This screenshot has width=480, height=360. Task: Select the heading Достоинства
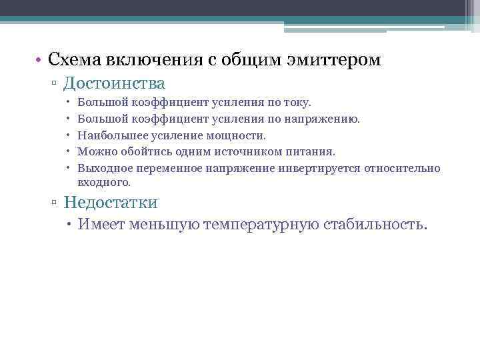pyautogui.click(x=115, y=84)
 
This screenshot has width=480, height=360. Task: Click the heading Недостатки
pyautogui.click(x=111, y=202)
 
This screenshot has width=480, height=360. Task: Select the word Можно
pyautogui.click(x=94, y=152)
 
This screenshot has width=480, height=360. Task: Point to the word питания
pyautogui.click(x=311, y=152)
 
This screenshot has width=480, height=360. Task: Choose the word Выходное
pyautogui.click(x=101, y=168)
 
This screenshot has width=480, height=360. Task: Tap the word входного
pyautogui.click(x=103, y=182)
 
